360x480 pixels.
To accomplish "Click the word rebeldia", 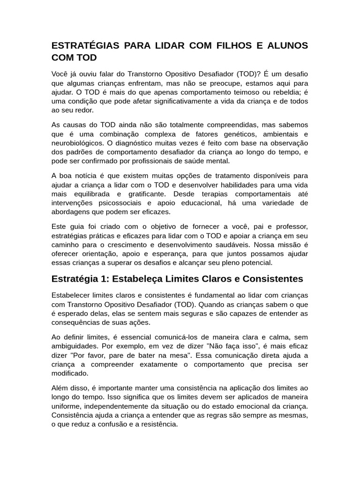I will tap(287, 92).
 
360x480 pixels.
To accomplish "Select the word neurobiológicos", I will tap(77, 143).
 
